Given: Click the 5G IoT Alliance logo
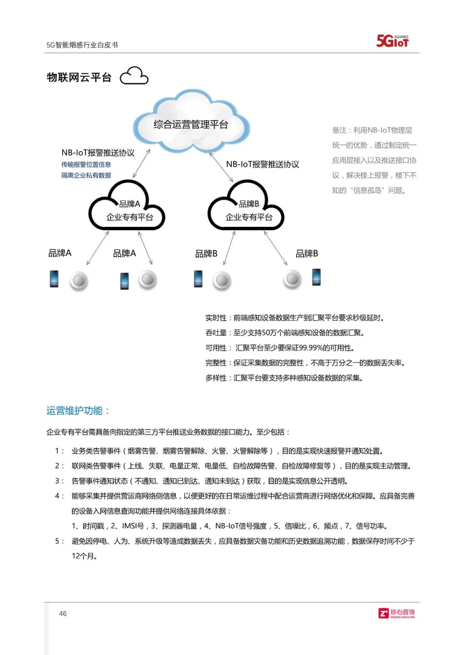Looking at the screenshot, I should [392, 41].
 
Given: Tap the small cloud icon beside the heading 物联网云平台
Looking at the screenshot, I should [134, 76].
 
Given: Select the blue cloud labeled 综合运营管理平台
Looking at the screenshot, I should [191, 122].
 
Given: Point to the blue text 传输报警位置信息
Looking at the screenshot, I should [86, 165].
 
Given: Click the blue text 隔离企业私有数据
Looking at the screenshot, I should [86, 175].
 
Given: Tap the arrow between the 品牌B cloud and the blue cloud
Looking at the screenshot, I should [221, 166].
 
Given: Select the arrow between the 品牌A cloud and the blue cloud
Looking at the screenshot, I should [141, 163].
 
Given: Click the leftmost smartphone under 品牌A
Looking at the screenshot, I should [54, 279].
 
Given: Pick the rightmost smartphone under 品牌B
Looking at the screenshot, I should [316, 277].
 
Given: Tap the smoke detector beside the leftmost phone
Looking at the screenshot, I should [78, 281].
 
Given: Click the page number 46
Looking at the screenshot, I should [63, 614].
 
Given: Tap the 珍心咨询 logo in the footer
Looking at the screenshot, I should [397, 613].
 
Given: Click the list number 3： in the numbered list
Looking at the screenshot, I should [59, 481].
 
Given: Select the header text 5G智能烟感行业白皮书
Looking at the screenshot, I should [82, 45].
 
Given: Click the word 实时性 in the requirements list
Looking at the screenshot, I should [216, 318].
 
